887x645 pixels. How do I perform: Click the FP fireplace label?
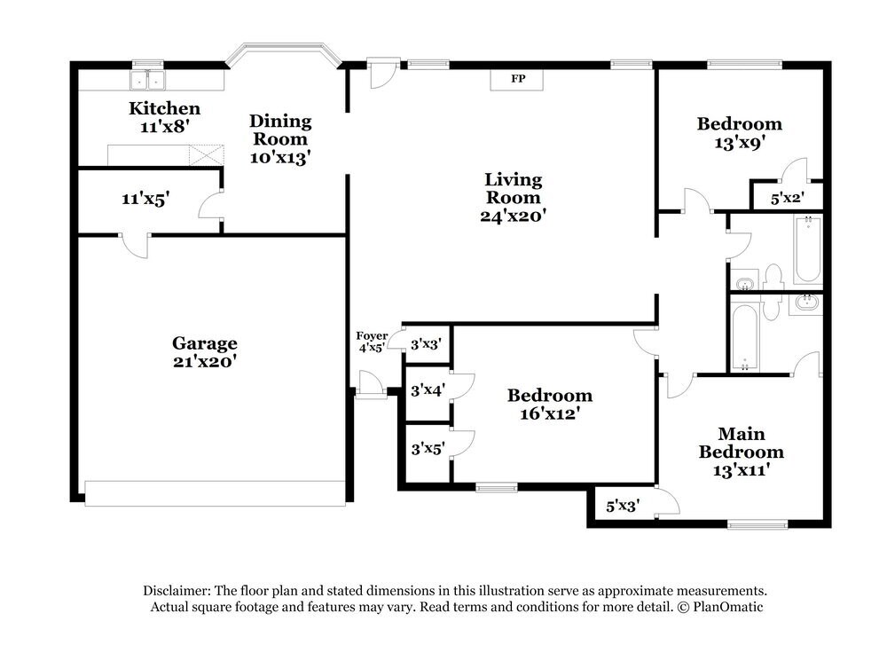pyautogui.click(x=518, y=79)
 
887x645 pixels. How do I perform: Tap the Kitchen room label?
pyautogui.click(x=165, y=109)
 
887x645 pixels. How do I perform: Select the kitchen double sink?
pyautogui.click(x=148, y=81)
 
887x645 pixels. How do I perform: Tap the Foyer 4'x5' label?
pyautogui.click(x=372, y=342)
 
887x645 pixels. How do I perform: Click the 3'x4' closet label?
pyautogui.click(x=428, y=389)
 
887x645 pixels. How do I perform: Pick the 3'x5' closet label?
pyautogui.click(x=428, y=450)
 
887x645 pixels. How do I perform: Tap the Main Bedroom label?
pyautogui.click(x=741, y=443)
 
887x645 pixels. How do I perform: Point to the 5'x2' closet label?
pyautogui.click(x=786, y=199)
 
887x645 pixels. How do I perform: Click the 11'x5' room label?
pyautogui.click(x=145, y=200)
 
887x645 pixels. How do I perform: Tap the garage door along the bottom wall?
pyautogui.click(x=215, y=493)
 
